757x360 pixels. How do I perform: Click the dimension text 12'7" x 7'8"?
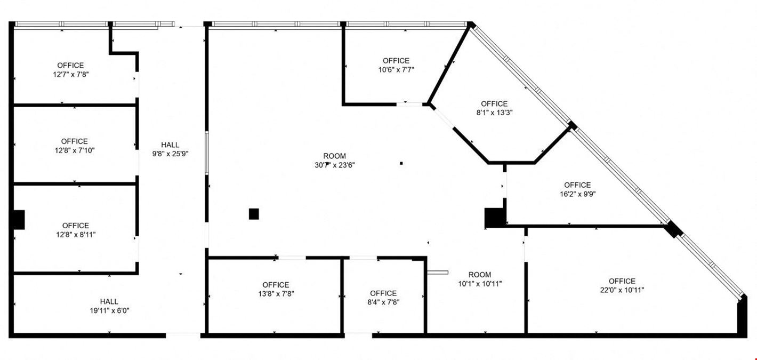pos(70,74)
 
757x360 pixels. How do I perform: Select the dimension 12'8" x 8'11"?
pos(76,234)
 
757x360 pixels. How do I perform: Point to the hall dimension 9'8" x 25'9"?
pos(171,154)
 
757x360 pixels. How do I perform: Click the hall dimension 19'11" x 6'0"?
pos(109,310)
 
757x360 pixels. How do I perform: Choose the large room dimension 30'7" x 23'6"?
pos(335,165)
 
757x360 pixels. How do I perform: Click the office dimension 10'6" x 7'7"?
pos(396,70)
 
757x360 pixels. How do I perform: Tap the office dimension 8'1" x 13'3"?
pos(494,113)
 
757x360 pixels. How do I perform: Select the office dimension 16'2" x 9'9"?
pos(577,194)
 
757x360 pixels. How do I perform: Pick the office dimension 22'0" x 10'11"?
pos(622,290)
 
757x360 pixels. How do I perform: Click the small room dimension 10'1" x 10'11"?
pos(480,284)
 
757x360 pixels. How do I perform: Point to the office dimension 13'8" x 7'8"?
pos(276,294)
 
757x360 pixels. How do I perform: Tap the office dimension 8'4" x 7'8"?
pos(383,302)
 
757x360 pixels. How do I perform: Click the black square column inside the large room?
pos(254,214)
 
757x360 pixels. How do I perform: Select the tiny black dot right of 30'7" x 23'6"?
pos(401,163)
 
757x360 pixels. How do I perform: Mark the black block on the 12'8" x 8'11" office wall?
pos(19,220)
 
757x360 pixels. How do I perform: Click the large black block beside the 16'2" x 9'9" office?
pos(494,218)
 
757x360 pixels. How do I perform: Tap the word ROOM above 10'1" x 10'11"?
pos(480,275)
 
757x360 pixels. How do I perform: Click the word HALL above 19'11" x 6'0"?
pos(109,301)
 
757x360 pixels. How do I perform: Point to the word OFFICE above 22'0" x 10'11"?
pos(622,281)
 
